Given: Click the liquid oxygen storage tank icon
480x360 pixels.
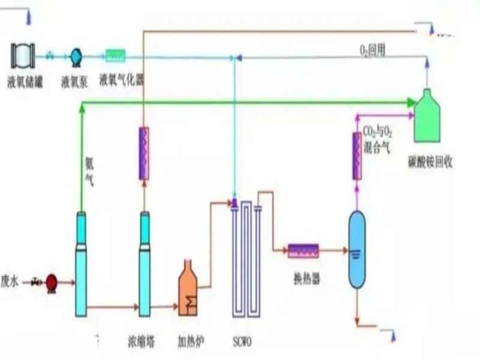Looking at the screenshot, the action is pyautogui.click(x=23, y=56).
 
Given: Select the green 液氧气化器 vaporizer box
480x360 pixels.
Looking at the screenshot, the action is pyautogui.click(x=115, y=56).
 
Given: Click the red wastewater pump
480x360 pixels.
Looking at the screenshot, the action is pyautogui.click(x=52, y=283).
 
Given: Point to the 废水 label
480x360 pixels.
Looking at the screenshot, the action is pyautogui.click(x=10, y=281).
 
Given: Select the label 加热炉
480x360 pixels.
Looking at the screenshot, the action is pyautogui.click(x=191, y=341).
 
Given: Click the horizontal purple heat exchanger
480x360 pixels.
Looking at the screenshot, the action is pyautogui.click(x=304, y=251).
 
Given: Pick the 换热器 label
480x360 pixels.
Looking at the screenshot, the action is pyautogui.click(x=307, y=279).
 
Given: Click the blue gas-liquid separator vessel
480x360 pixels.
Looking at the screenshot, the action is pyautogui.click(x=357, y=250).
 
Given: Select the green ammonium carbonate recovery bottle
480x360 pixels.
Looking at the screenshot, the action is pyautogui.click(x=427, y=116).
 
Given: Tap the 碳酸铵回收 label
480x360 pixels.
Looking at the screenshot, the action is pyautogui.click(x=430, y=162).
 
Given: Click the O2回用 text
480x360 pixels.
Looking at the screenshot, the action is pyautogui.click(x=372, y=51).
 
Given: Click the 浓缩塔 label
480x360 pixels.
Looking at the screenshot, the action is pyautogui.click(x=141, y=341).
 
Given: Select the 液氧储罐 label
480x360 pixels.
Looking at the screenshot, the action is pyautogui.click(x=25, y=83).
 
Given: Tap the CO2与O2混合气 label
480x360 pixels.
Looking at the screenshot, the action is pyautogui.click(x=377, y=140).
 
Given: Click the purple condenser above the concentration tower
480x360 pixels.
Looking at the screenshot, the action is pyautogui.click(x=144, y=154).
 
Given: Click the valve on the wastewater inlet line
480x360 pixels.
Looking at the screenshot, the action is pyautogui.click(x=36, y=282).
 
